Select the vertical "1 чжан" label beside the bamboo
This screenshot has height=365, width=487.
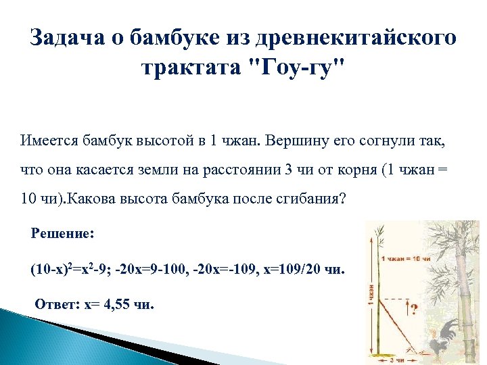click(x=371, y=297)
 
